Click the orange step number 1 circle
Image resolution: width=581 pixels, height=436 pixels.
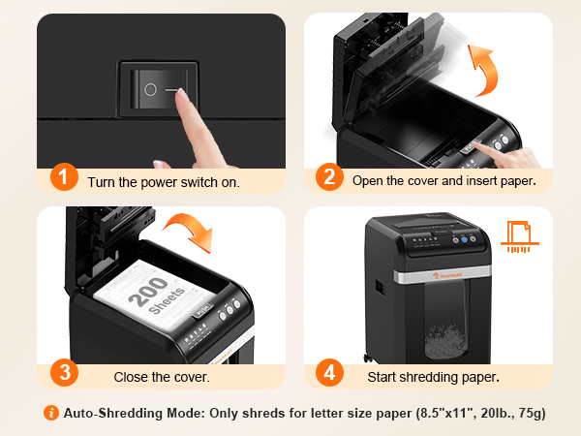click(63, 178)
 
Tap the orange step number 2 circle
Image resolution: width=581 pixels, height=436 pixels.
click(329, 178)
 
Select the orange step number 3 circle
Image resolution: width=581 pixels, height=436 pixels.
click(63, 373)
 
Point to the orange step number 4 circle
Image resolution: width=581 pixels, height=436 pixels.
click(329, 373)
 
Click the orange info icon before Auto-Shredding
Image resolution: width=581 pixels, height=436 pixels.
click(51, 414)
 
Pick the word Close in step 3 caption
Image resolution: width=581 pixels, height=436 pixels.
click(132, 376)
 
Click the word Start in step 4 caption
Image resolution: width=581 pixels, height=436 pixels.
click(383, 376)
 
